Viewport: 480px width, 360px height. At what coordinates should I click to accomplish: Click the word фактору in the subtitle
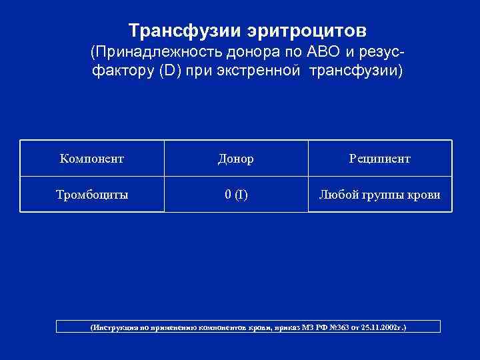[x=114, y=71]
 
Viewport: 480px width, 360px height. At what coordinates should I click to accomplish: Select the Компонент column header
[x=92, y=159]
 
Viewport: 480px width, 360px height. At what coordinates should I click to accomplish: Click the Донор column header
[x=236, y=159]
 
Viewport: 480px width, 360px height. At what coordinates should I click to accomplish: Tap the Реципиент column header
[x=380, y=159]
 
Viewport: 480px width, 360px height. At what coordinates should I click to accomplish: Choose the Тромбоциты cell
[x=92, y=195]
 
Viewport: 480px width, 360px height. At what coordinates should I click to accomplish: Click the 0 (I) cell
[x=236, y=195]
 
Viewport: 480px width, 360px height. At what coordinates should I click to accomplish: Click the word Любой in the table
[x=338, y=195]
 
